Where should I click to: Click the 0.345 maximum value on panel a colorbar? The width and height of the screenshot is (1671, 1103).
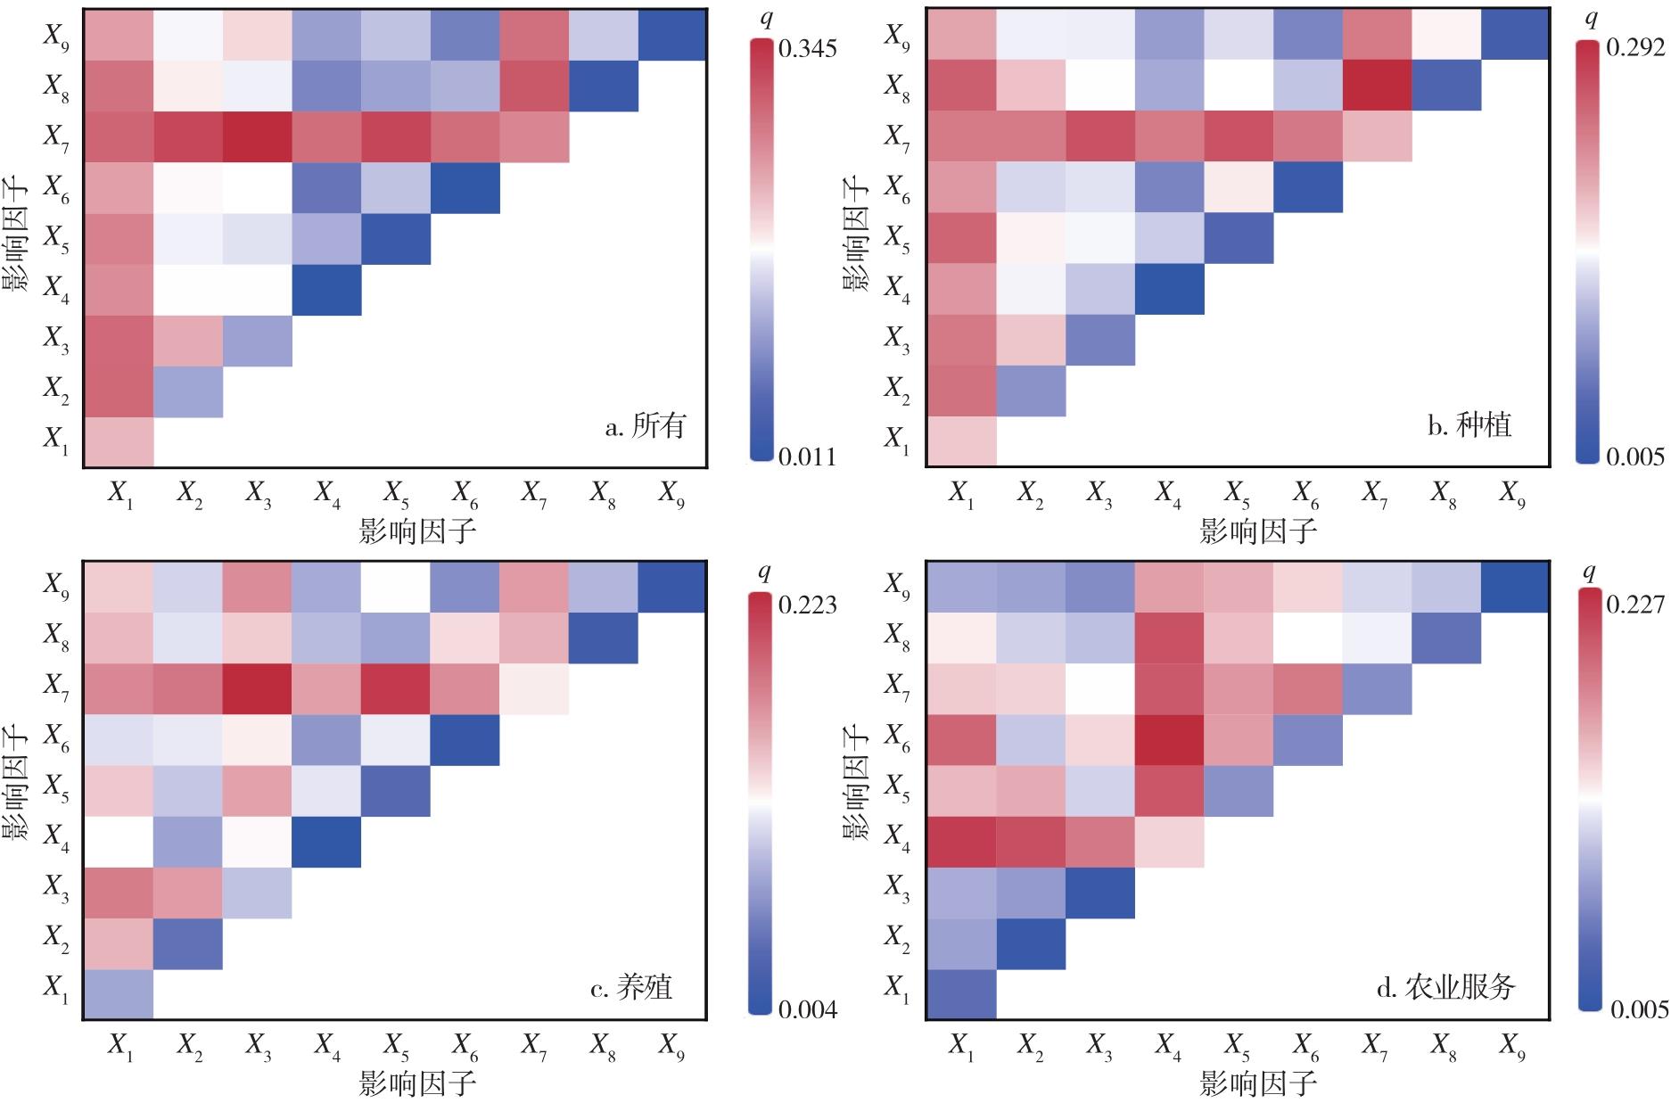807,48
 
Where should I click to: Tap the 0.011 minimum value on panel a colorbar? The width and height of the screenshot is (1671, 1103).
807,457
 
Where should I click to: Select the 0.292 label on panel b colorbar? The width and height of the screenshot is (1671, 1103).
1635,48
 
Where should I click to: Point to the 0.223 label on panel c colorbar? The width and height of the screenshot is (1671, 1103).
807,605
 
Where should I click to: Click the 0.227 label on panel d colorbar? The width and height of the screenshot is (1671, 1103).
1635,605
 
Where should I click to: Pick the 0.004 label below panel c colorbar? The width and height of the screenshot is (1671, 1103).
807,1009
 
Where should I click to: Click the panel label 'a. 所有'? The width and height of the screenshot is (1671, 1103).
646,426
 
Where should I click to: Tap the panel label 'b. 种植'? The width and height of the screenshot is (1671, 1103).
1469,425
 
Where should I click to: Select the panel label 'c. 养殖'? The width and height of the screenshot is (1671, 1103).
631,988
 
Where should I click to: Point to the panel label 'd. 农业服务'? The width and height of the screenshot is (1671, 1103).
1445,987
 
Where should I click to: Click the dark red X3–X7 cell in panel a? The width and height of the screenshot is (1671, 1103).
257,137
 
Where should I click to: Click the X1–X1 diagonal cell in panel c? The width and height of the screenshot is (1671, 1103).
119,993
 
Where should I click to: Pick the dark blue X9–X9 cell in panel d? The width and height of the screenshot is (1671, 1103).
1515,588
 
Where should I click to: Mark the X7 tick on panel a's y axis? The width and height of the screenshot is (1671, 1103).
55,137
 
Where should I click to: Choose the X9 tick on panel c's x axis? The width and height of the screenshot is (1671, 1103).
672,1046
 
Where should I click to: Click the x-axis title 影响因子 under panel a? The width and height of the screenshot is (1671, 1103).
417,531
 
